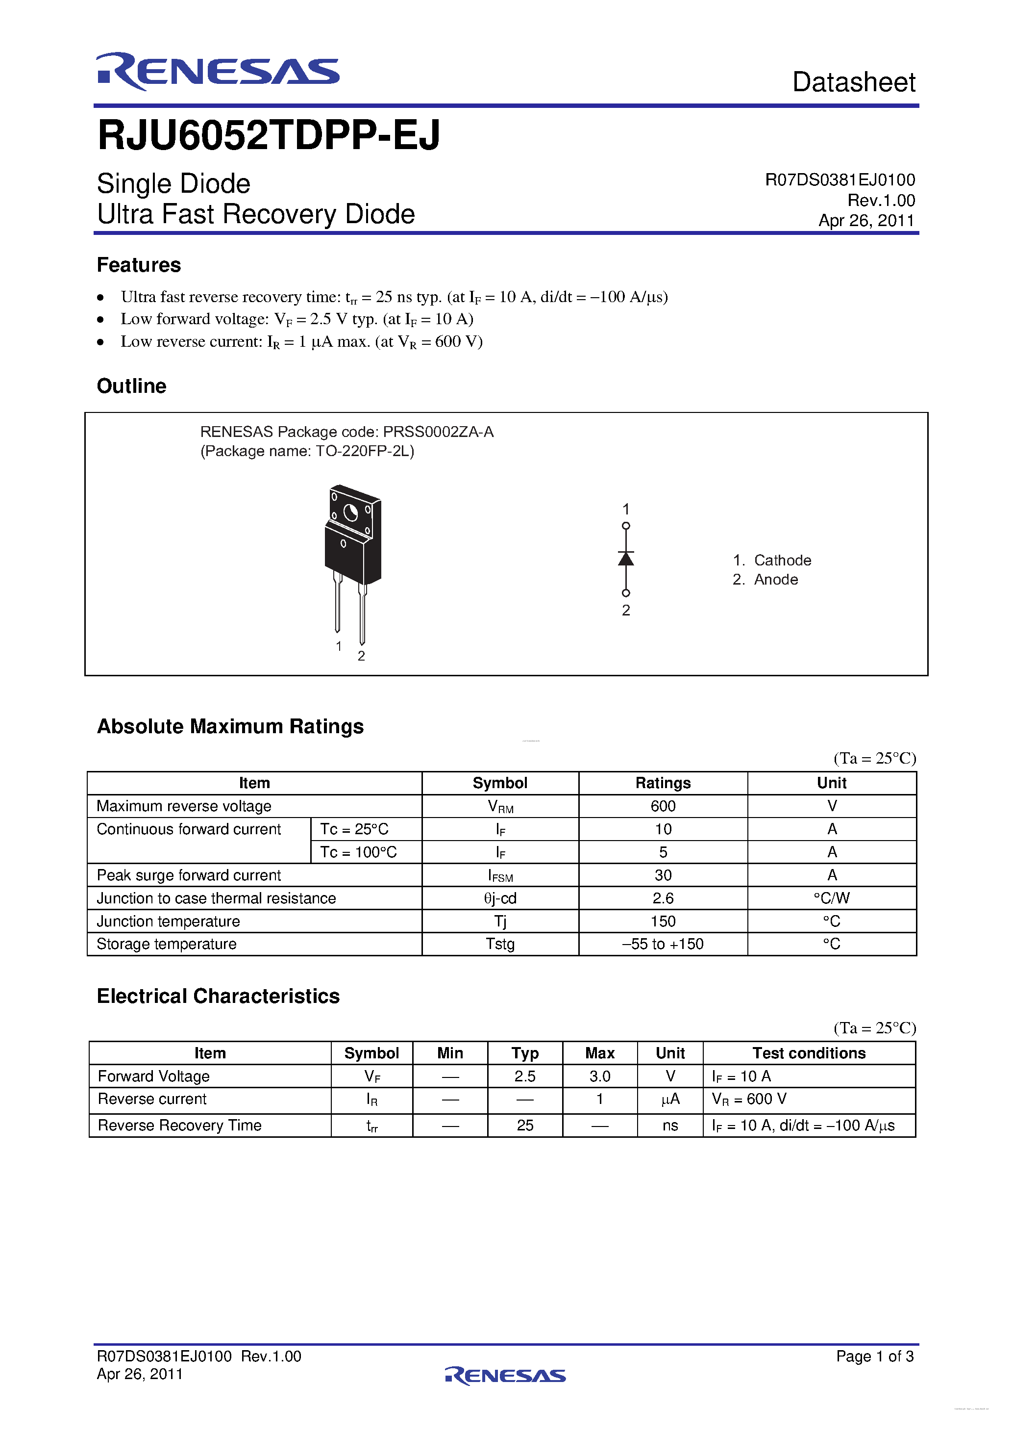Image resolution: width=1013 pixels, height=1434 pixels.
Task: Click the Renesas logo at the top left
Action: [x=217, y=71]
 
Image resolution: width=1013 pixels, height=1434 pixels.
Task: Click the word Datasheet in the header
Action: [x=853, y=82]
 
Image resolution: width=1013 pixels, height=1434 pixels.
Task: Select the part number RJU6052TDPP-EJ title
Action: [x=269, y=135]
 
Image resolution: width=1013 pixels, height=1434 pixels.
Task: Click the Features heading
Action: [x=139, y=265]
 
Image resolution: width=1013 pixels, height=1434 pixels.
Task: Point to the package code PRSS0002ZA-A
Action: [x=438, y=432]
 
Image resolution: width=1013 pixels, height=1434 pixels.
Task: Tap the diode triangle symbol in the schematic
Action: [x=625, y=559]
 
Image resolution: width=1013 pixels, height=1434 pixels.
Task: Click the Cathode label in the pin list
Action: [x=782, y=560]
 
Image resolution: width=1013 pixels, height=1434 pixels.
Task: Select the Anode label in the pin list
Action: [x=775, y=580]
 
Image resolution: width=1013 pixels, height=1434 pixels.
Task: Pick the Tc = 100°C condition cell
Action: [x=358, y=852]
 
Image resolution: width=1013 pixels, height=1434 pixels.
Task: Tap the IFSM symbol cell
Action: [x=500, y=875]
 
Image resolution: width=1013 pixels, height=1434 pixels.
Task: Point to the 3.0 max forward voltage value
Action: [x=599, y=1076]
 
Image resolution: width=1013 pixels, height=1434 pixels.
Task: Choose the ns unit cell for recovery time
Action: [x=670, y=1126]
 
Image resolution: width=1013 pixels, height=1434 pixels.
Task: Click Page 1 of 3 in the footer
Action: [x=874, y=1356]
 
